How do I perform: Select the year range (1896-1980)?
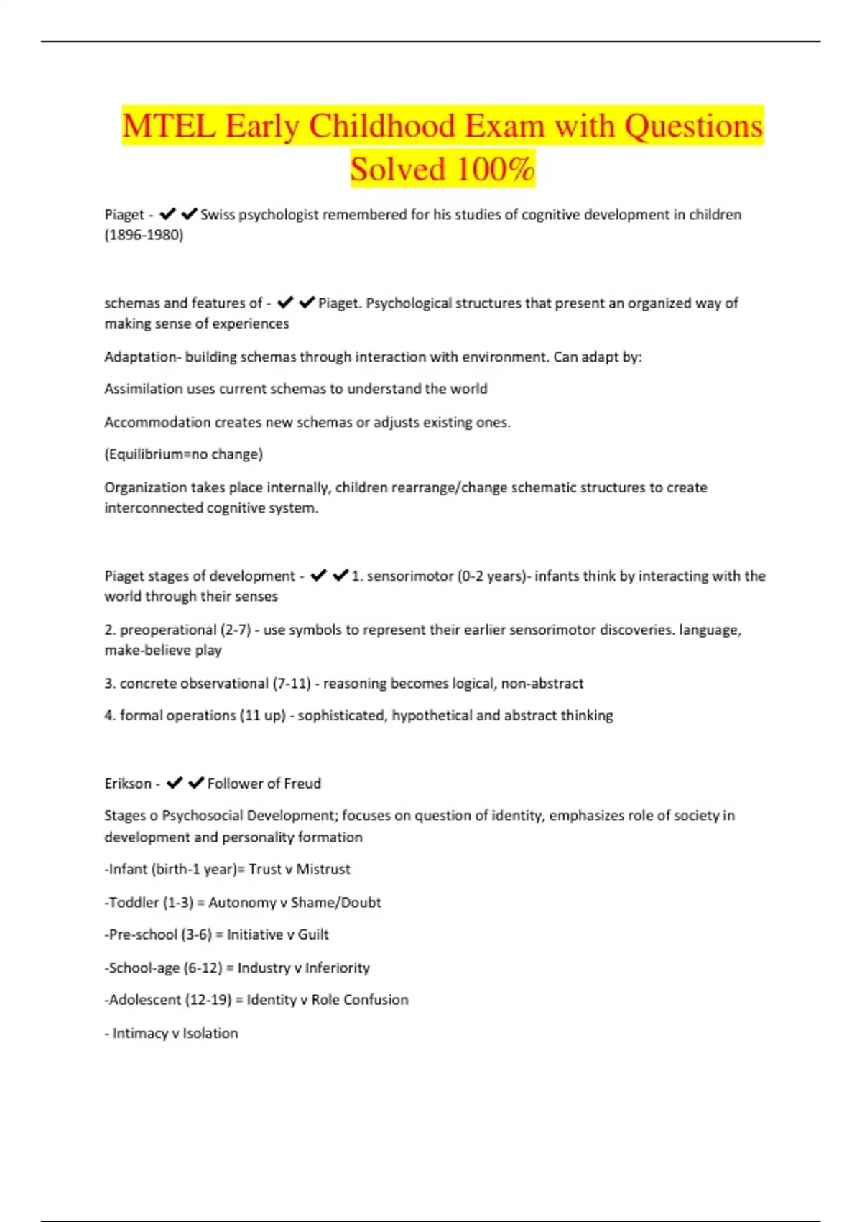[144, 235]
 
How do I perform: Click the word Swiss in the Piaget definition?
[218, 214]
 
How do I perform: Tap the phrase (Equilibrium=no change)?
[184, 454]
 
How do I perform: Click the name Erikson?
[128, 784]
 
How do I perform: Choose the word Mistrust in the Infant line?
[323, 869]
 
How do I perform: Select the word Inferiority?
[337, 968]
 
